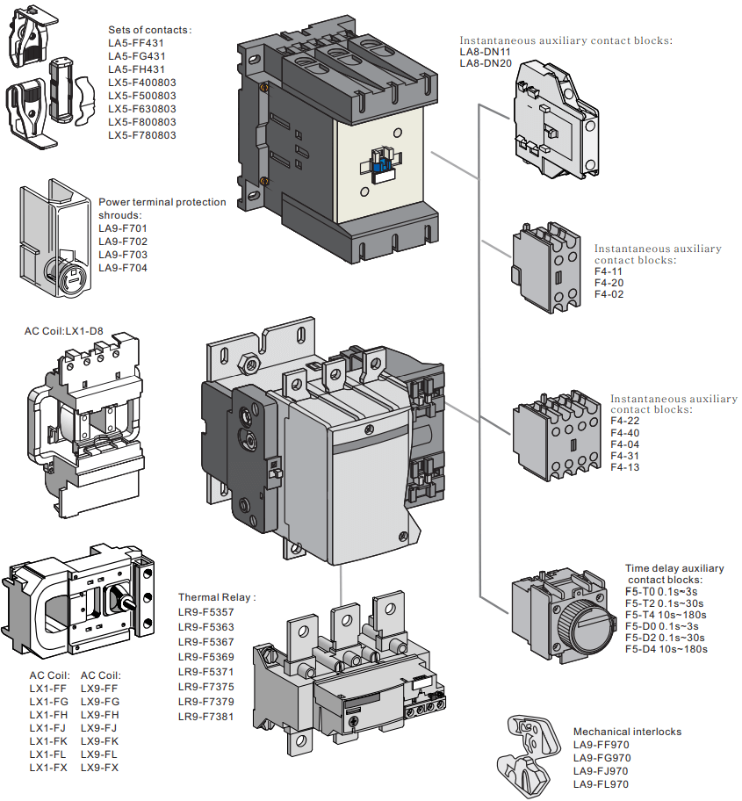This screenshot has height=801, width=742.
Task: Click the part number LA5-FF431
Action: click(x=136, y=43)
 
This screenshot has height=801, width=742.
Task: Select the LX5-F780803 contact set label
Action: click(x=141, y=135)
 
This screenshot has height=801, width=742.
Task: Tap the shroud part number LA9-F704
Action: click(x=123, y=268)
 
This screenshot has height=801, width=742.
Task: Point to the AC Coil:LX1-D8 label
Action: click(x=63, y=333)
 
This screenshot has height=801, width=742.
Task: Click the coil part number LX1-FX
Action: click(x=48, y=768)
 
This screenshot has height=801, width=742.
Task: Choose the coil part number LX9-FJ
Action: click(x=99, y=728)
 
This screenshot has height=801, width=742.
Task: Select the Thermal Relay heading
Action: click(x=216, y=597)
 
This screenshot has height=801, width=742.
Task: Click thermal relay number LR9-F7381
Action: click(x=206, y=716)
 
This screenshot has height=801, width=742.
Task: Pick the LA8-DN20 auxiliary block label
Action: click(x=485, y=63)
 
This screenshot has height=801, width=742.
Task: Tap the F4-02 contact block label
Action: click(x=609, y=294)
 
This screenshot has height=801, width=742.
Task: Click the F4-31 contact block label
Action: click(x=625, y=456)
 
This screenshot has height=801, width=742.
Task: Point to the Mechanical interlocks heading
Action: click(x=627, y=732)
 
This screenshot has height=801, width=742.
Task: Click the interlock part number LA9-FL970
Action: click(x=601, y=783)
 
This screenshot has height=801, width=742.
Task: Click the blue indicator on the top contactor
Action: click(x=380, y=163)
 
